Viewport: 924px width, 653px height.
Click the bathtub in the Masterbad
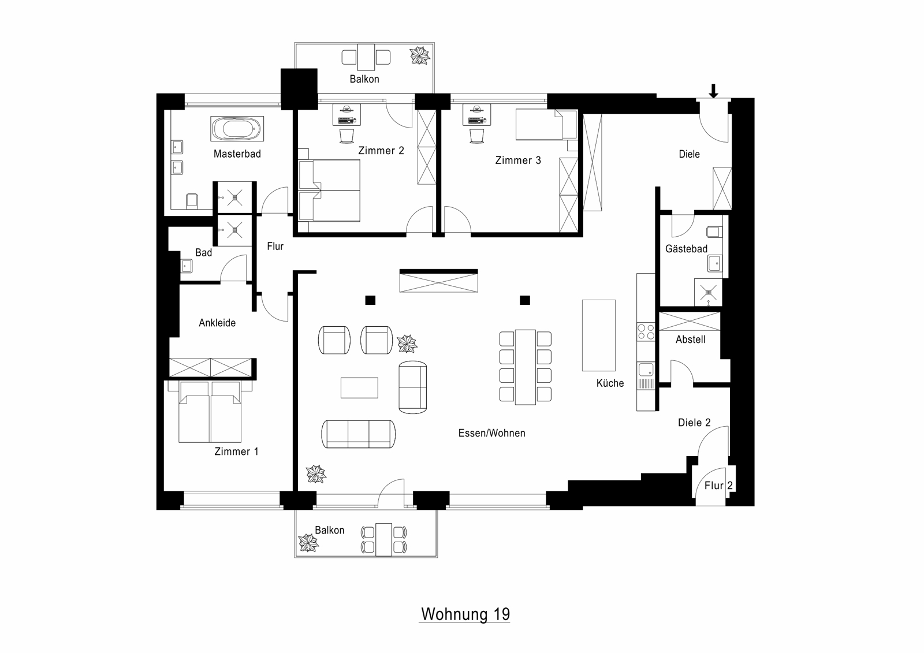coord(237,129)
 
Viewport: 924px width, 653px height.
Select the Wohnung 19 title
coord(465,614)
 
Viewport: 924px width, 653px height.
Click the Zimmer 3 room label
coord(518,161)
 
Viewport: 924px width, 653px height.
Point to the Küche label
coord(610,383)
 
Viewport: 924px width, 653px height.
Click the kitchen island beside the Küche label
coord(598,335)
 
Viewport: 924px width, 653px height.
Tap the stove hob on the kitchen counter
coord(646,331)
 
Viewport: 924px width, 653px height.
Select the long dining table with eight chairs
coord(525,367)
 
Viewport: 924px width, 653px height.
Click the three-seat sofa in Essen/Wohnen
coord(359,434)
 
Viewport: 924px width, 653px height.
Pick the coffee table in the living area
coord(359,388)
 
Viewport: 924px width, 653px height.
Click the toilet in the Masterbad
coord(192,200)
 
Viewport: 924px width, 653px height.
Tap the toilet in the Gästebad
coord(714,232)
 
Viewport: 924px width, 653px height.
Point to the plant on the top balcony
coord(419,55)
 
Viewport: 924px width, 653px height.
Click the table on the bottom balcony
coord(383,540)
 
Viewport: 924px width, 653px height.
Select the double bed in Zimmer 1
coord(210,412)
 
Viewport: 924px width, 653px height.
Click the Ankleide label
coord(217,323)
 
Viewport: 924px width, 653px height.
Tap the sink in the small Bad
coord(187,266)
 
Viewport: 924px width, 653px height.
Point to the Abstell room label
coord(691,339)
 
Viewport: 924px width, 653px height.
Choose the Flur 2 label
coord(718,486)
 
